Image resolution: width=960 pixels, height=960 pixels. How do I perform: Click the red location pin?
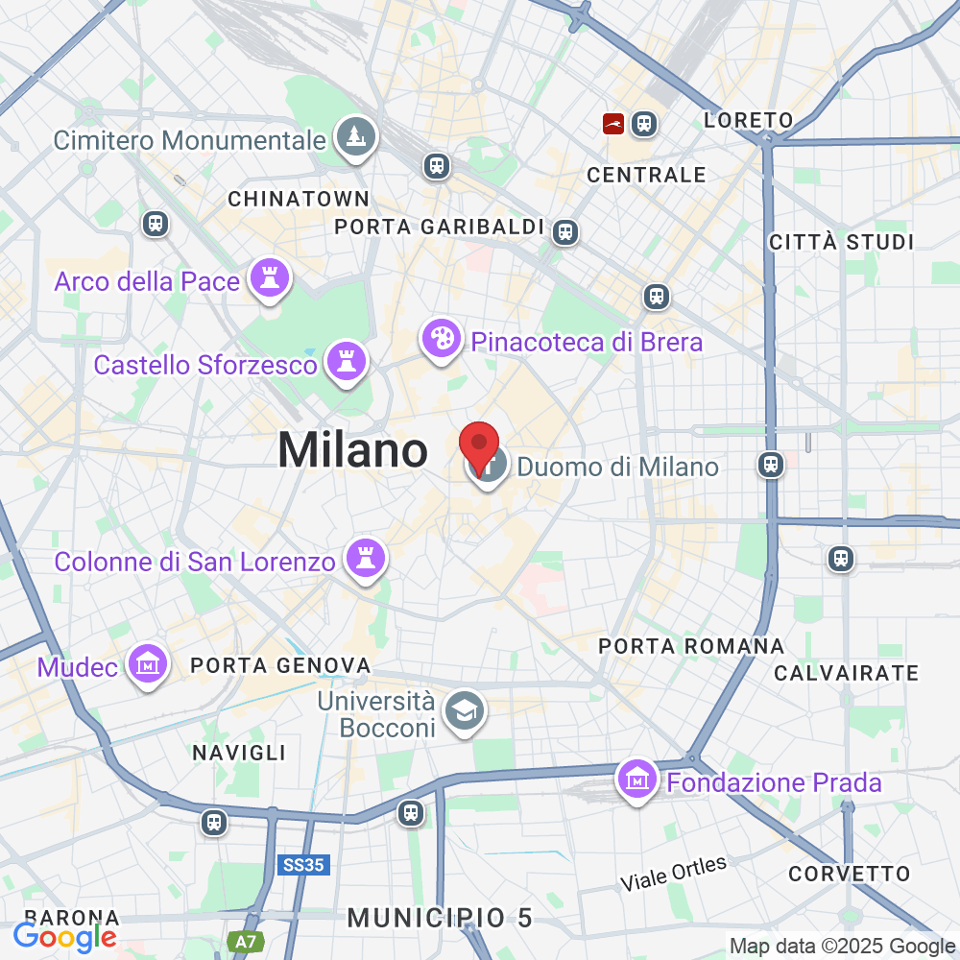coord(479,445)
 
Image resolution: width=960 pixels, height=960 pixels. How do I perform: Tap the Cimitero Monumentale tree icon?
coord(356,137)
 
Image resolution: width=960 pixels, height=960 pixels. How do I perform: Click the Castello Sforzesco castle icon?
coord(347,363)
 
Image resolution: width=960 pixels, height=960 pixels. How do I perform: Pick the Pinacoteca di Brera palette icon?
coord(442,340)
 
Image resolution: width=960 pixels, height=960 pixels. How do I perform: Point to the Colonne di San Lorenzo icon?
coord(365,559)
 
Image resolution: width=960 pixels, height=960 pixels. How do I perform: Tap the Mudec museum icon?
coord(148,664)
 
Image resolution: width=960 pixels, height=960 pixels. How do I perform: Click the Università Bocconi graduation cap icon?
coord(467,712)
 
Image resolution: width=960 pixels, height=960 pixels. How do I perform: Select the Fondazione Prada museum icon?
coord(638,780)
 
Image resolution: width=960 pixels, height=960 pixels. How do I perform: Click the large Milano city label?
coord(353,450)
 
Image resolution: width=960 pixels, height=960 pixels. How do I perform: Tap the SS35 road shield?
coord(304,865)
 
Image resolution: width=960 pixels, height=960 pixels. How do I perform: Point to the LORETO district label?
coord(749,120)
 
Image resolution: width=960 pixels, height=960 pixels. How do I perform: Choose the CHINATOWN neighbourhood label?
coord(299,199)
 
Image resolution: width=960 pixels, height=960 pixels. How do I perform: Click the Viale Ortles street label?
coord(674,873)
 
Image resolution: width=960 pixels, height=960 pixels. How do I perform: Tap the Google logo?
coord(65,937)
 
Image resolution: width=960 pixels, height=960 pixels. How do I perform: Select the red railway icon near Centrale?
coord(612,123)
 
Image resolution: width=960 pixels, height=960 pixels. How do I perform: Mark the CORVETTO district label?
coord(849,874)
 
